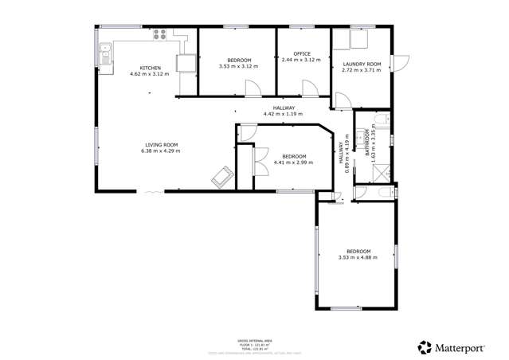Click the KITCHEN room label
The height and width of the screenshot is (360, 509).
click(151, 68)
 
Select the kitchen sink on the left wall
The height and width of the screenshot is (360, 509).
click(105, 54)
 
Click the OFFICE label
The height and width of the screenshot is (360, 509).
click(302, 53)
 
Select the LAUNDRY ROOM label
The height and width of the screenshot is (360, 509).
click(362, 64)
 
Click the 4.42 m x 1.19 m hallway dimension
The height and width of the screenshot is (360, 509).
click(284, 114)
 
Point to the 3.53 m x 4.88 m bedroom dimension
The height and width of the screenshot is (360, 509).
click(357, 257)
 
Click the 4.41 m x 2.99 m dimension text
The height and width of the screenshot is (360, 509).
click(293, 162)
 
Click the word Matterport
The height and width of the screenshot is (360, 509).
click(463, 347)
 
